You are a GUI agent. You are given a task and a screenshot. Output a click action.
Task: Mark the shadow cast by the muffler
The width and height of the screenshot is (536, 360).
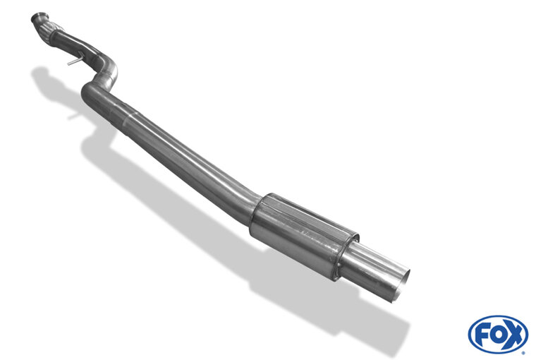[282, 282]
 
